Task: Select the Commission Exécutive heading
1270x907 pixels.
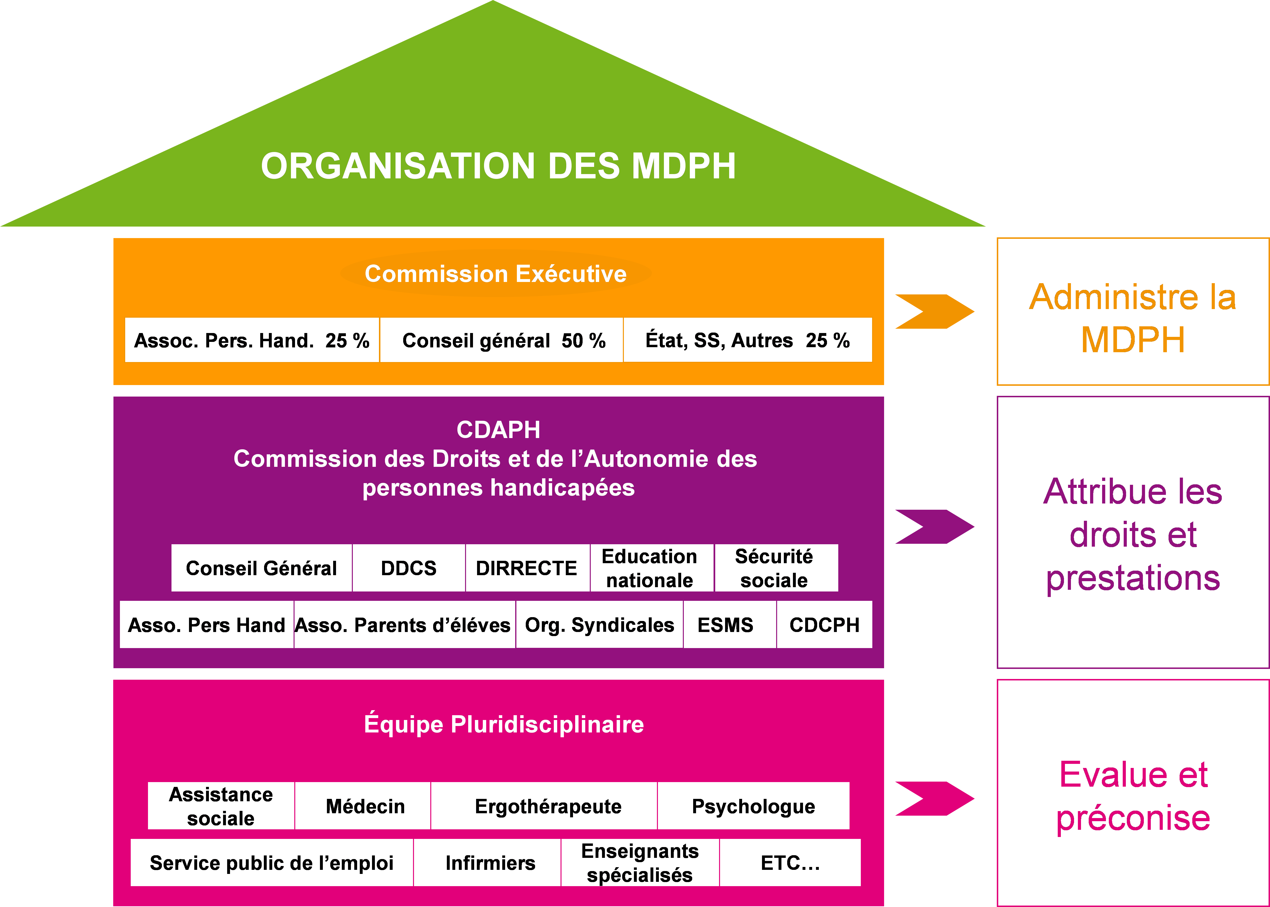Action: (x=496, y=274)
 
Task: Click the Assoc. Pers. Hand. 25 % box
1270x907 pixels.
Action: (x=252, y=340)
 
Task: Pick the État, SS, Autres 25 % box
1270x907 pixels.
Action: (x=748, y=340)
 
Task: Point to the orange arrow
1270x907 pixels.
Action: (x=934, y=311)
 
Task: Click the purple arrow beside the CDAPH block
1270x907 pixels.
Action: (x=934, y=527)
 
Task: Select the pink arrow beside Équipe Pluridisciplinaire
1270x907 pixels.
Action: (x=934, y=799)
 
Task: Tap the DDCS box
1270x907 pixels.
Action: (x=408, y=568)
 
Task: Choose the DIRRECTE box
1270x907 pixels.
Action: (x=527, y=568)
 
